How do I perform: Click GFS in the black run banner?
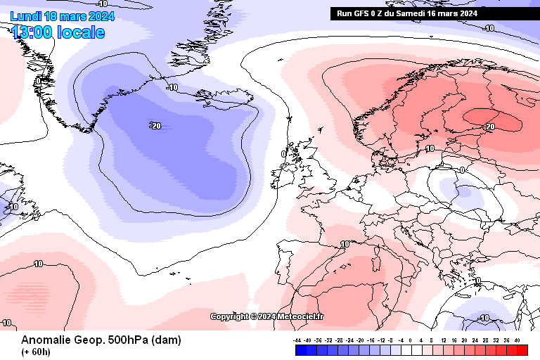click(365, 13)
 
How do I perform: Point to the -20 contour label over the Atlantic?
click(155, 126)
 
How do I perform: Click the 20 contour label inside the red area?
click(490, 127)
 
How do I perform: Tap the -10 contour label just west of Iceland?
click(172, 87)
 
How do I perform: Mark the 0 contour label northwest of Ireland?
click(283, 153)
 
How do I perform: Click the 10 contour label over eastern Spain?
click(345, 244)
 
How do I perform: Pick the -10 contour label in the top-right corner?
click(489, 28)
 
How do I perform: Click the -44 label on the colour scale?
click(298, 340)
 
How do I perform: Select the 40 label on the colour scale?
click(517, 340)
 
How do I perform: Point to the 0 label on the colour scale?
click(411, 340)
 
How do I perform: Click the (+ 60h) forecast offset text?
click(36, 352)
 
